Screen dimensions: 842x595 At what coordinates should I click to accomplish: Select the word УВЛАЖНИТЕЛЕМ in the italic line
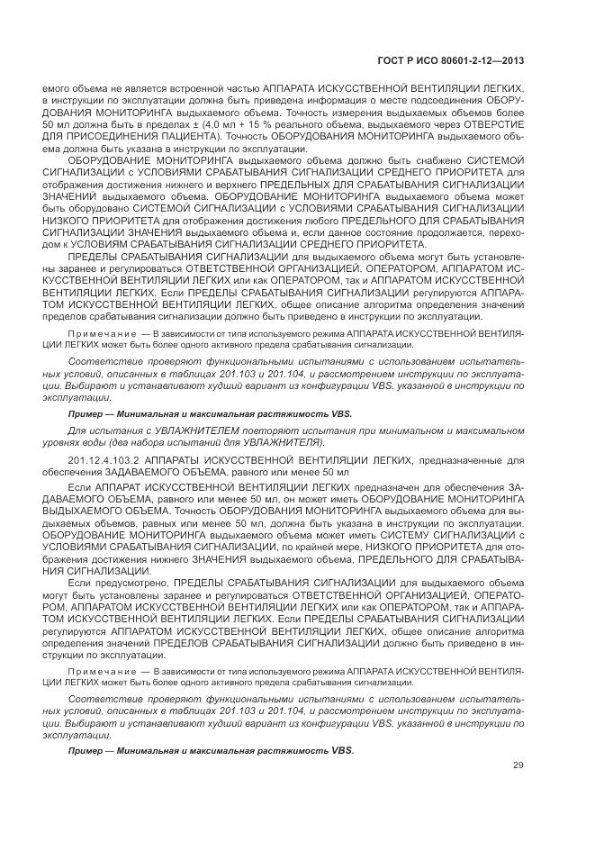tap(181, 433)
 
